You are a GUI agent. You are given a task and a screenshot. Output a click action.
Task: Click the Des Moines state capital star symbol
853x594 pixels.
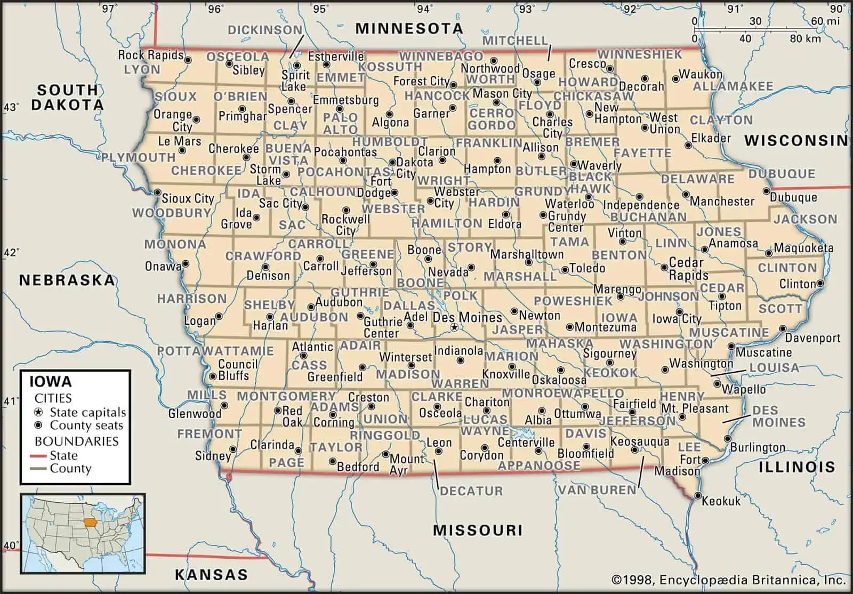point(454,327)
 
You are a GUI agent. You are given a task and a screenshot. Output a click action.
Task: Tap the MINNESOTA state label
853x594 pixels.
point(409,28)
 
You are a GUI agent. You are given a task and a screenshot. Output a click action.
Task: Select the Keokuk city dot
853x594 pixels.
point(698,496)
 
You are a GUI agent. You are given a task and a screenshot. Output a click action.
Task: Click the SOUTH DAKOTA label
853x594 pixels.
point(67,97)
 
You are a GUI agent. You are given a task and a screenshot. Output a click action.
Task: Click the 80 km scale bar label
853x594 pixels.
point(806,38)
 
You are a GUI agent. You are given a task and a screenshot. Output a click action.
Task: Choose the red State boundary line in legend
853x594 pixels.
point(38,456)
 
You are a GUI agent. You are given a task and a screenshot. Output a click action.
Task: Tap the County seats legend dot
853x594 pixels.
point(38,426)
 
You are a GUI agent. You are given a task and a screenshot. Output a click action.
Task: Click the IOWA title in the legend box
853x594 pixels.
point(50,382)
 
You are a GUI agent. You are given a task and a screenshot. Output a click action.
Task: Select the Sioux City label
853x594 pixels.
point(188,198)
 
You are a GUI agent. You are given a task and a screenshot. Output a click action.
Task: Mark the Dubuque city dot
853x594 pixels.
point(766,191)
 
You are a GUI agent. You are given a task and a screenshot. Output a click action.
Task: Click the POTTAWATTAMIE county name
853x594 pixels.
point(215,351)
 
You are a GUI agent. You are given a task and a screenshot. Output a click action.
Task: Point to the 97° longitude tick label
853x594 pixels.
point(109,9)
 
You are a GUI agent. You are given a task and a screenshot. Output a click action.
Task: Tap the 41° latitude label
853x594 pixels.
point(10,401)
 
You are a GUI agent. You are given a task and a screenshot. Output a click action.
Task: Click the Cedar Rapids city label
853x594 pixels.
point(688,269)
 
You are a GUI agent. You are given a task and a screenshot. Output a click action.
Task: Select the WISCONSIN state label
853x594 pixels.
point(795,140)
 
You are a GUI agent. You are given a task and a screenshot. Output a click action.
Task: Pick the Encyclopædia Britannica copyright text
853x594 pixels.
point(728,580)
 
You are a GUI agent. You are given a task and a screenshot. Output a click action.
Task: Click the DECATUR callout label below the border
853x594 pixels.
point(471,491)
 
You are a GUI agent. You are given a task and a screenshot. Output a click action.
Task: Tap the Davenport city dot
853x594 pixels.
point(782,330)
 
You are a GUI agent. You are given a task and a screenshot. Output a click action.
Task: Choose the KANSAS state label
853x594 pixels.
point(212,574)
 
